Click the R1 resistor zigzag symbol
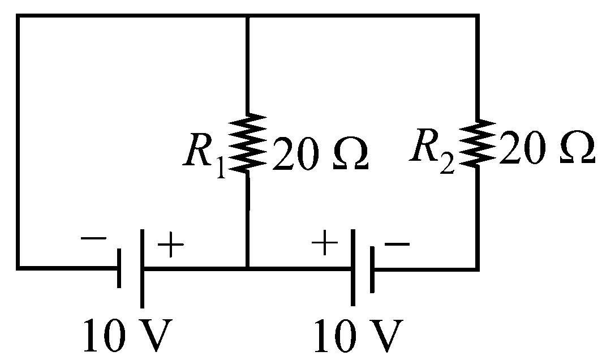click(248, 142)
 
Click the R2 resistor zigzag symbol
click(478, 143)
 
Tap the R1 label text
click(204, 155)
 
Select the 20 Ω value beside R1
click(320, 153)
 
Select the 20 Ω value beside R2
click(547, 148)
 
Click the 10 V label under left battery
click(128, 335)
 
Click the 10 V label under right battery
click(359, 335)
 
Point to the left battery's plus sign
click(171, 245)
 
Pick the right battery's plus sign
click(325, 242)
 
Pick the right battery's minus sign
click(397, 244)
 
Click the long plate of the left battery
click(143, 268)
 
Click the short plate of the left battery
click(119, 268)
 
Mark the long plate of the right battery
click(353, 267)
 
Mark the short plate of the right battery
click(372, 269)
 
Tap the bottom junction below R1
click(248, 268)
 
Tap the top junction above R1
click(248, 16)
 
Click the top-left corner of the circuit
click(18, 16)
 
